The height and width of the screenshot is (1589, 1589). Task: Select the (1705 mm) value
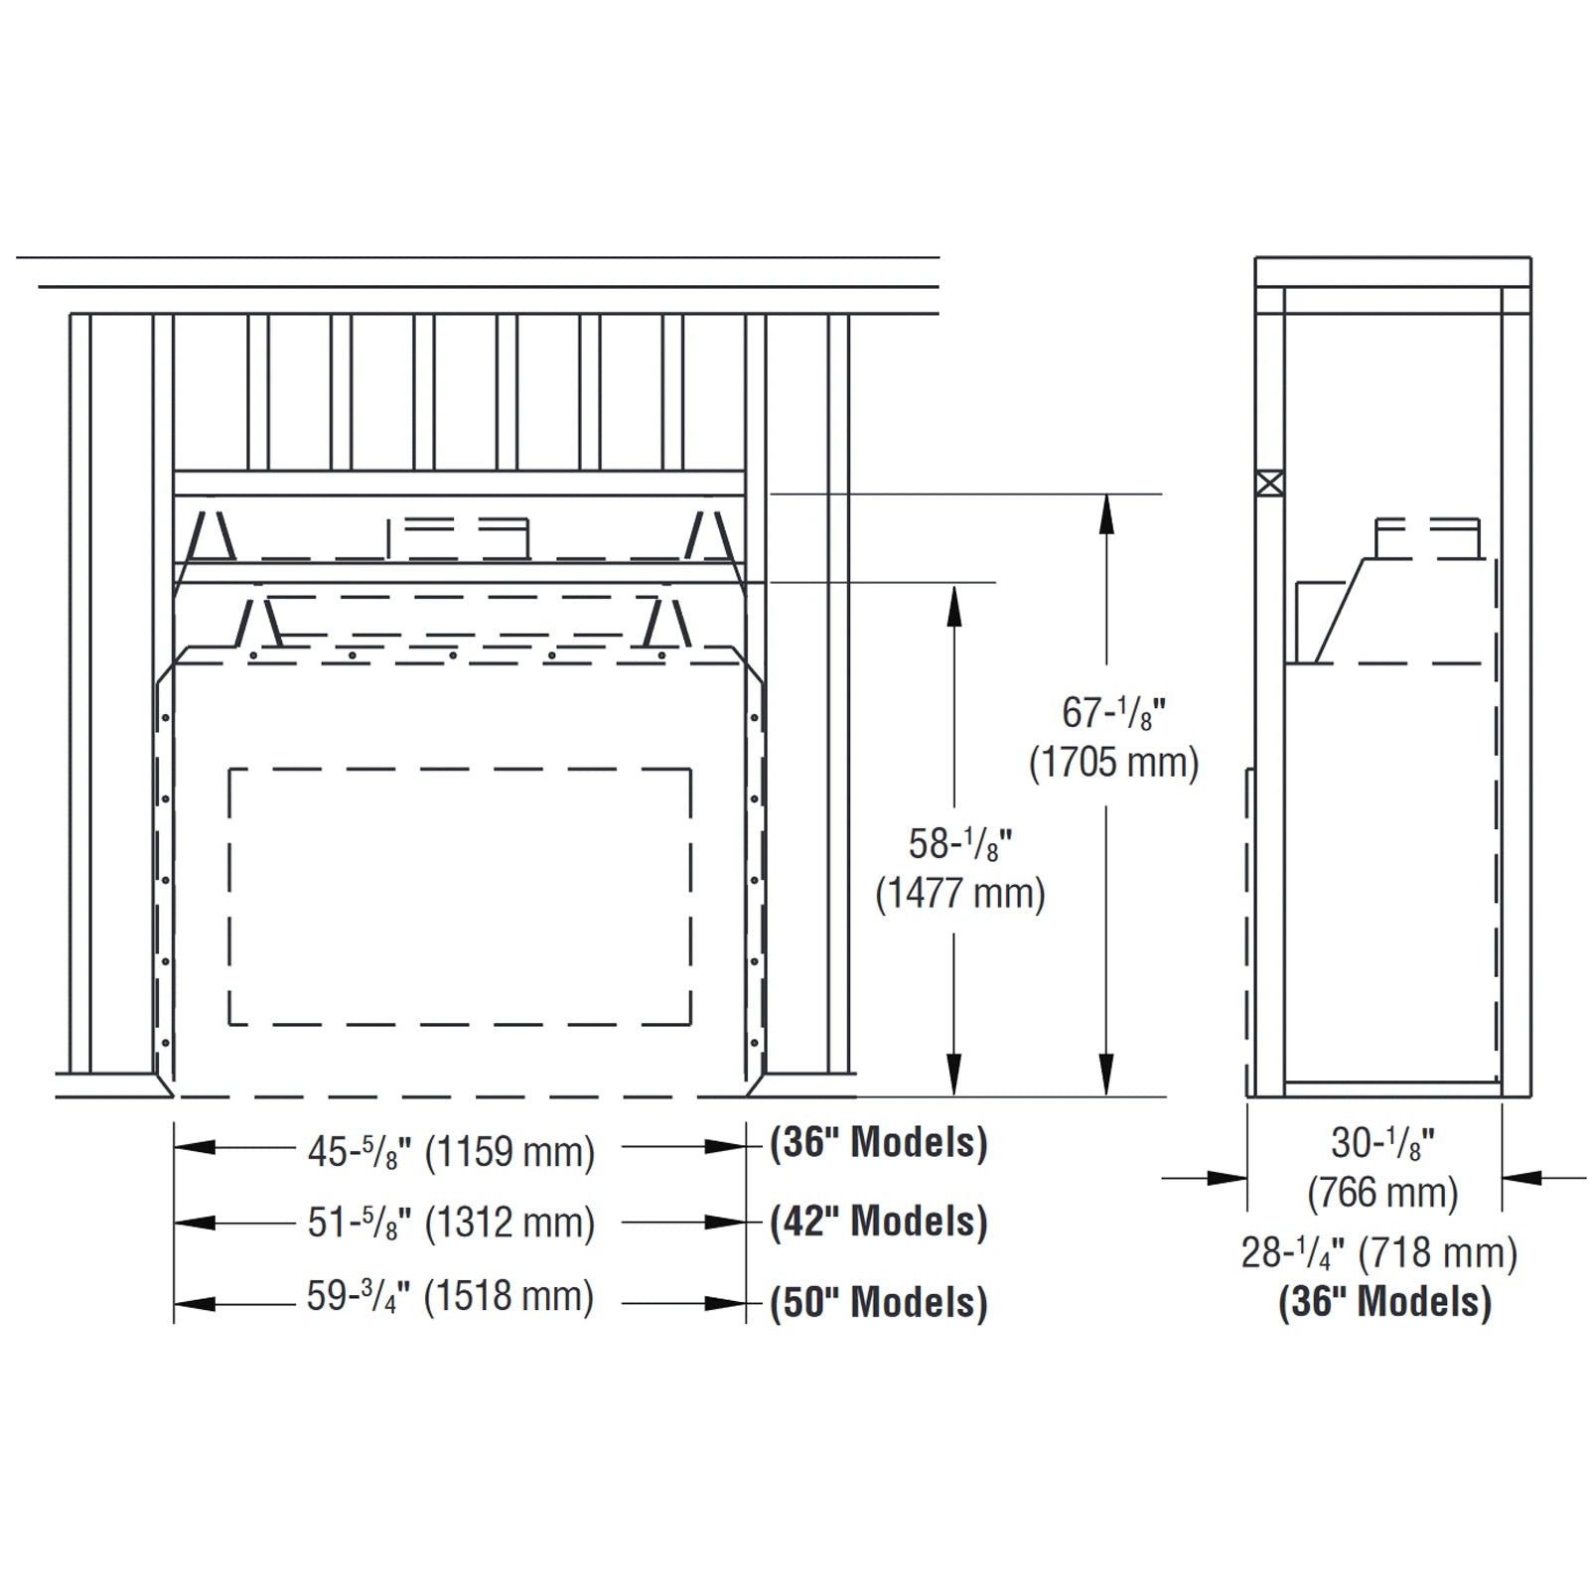[1113, 763]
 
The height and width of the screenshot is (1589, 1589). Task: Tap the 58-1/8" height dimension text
[959, 845]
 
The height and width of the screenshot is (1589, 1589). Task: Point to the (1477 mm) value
[959, 894]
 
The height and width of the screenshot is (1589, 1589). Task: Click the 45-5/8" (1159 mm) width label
[451, 1152]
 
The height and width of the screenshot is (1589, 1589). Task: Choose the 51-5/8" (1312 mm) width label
[451, 1224]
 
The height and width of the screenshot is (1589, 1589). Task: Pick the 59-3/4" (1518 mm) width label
[450, 1297]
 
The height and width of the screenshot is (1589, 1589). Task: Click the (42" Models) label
[879, 1222]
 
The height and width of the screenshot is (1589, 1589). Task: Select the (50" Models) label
[879, 1302]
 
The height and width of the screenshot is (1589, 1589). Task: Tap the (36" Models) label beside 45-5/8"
[879, 1142]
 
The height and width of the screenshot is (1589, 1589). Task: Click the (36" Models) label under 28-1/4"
[1384, 1302]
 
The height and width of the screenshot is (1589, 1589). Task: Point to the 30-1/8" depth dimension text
[1382, 1144]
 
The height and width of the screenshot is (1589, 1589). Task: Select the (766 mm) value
[1382, 1193]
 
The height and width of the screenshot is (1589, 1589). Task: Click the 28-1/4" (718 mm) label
[1379, 1253]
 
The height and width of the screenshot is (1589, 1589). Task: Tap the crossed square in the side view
[1269, 484]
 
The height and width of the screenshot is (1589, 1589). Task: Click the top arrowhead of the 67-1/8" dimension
[1106, 511]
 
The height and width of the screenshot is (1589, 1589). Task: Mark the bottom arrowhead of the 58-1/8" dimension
[953, 1077]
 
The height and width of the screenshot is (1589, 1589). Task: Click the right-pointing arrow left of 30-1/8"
[1228, 1179]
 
